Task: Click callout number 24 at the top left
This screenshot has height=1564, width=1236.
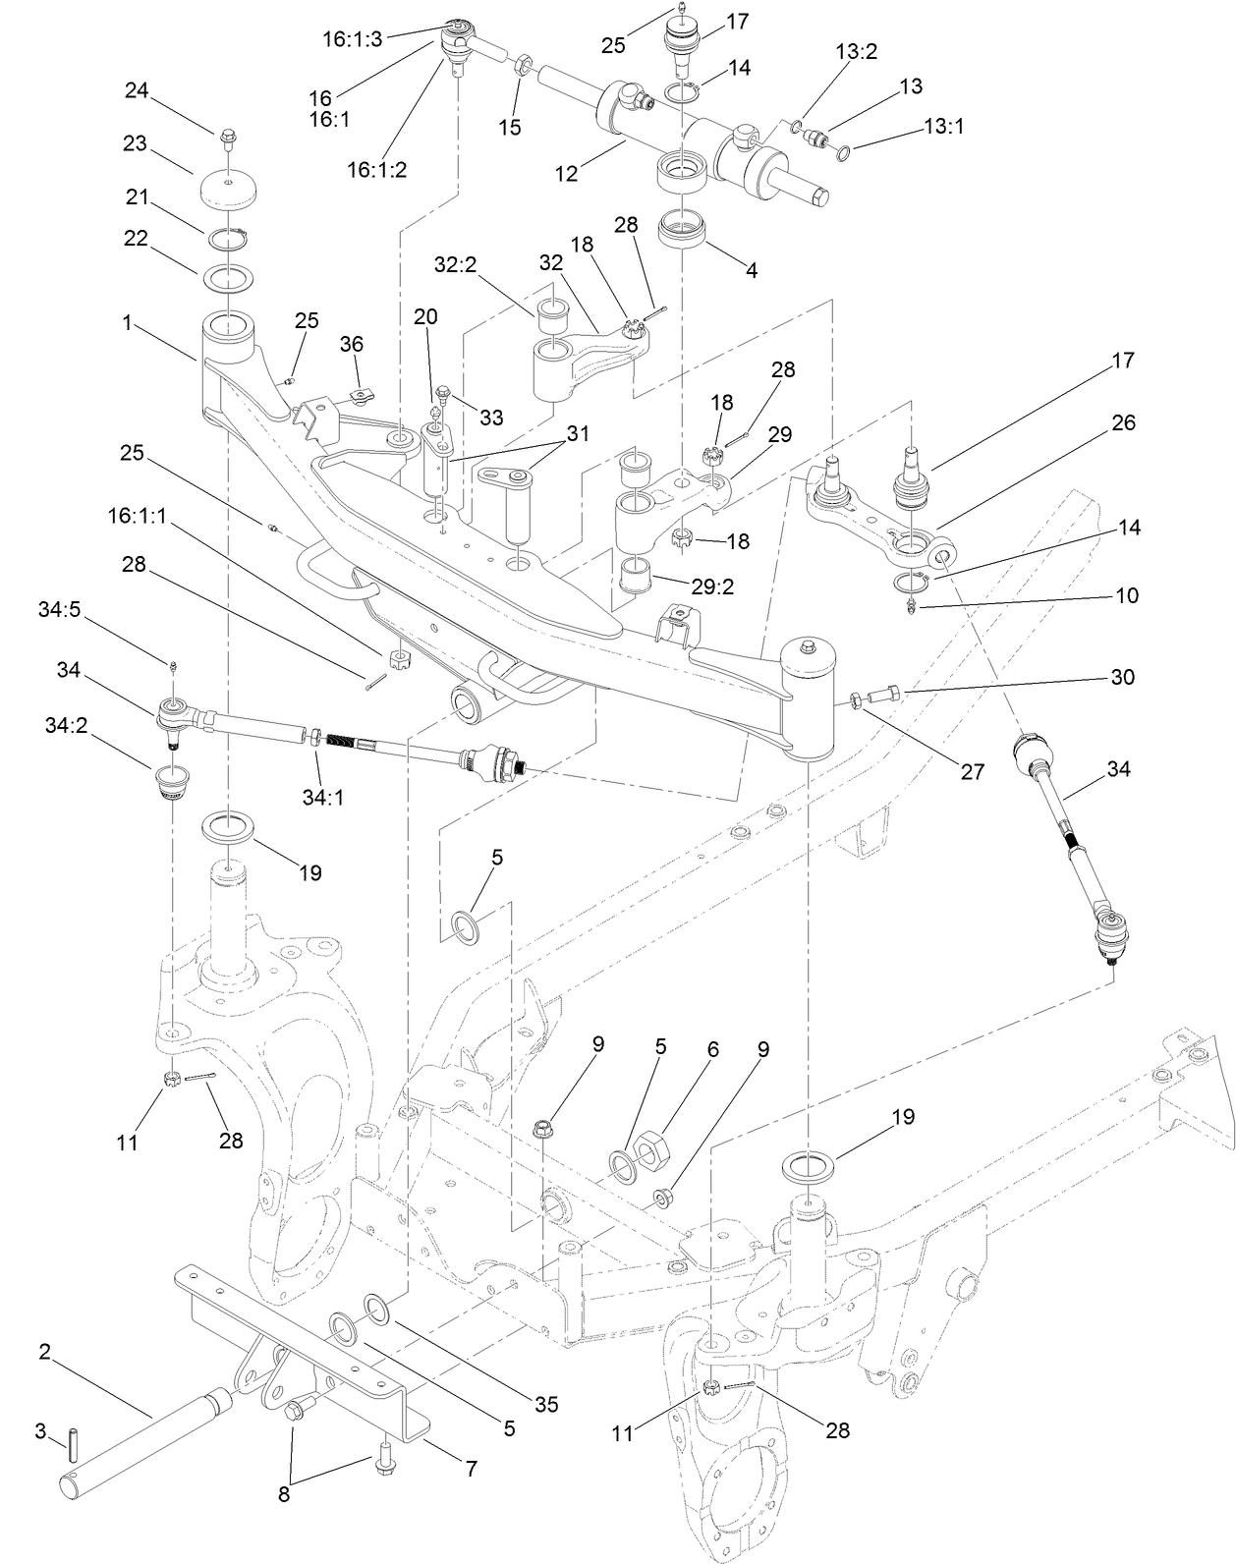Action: [136, 90]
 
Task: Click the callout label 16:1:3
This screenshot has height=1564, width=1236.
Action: [353, 39]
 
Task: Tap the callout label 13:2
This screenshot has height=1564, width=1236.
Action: [856, 52]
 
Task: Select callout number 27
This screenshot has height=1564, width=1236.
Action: [972, 772]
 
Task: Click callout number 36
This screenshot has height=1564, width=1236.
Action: [352, 344]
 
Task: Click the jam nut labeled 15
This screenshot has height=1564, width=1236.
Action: [523, 68]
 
